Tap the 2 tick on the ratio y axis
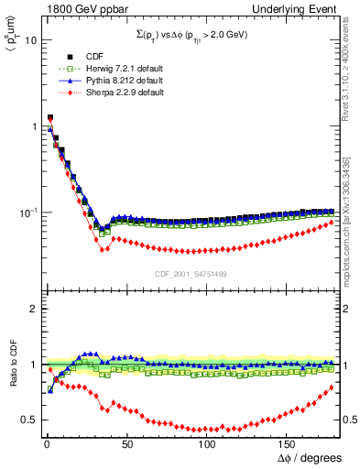pos(31,309)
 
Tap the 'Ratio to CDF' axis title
pos(11,378)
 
